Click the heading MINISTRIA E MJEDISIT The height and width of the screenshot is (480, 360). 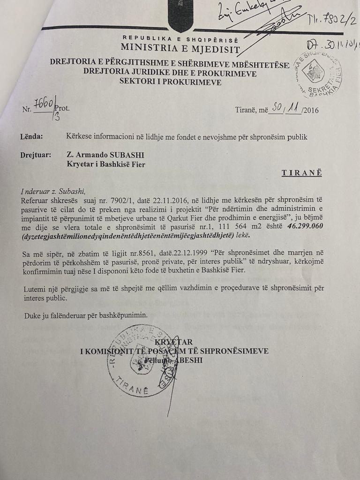coord(180,48)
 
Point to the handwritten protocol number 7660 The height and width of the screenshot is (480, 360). coord(43,104)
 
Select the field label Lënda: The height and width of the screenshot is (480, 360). coord(31,137)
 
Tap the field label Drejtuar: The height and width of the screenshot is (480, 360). coord(36,155)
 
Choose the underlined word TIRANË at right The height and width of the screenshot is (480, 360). coord(301,173)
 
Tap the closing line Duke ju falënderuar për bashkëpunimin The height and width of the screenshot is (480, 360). coord(86,315)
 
